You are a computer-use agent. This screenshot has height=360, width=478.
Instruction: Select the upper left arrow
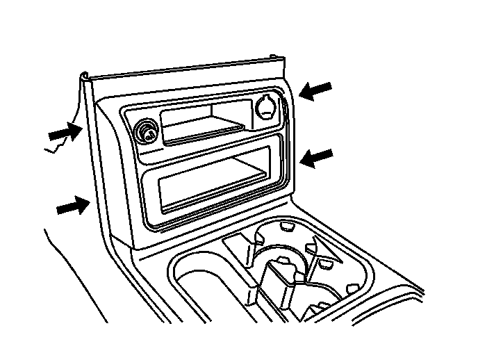point(63,130)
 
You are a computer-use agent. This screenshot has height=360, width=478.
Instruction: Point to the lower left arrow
point(72,205)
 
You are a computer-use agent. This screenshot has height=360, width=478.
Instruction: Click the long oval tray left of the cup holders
point(208,285)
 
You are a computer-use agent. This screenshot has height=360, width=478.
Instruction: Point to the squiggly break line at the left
point(59,144)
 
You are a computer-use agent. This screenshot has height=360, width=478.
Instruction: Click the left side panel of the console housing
point(104,181)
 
